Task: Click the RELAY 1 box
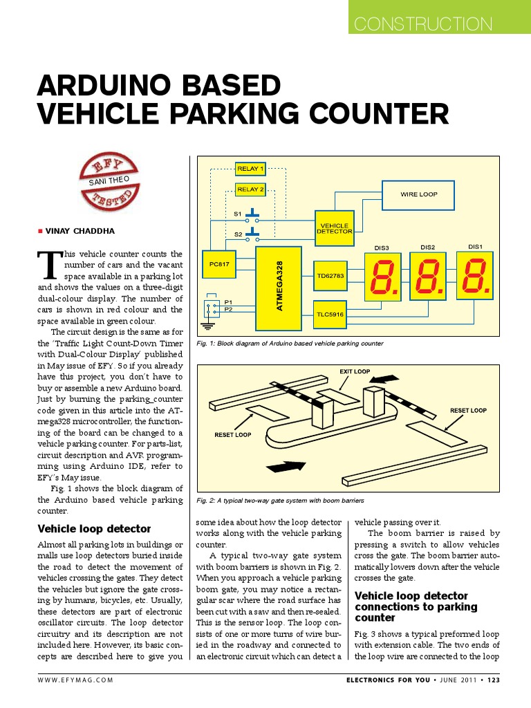[250, 168]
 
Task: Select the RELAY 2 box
[250, 189]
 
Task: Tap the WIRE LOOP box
[419, 195]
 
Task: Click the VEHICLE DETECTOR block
[335, 229]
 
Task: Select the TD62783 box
[330, 276]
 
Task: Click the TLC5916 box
[330, 314]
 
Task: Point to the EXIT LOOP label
[355, 371]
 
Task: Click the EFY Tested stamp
[111, 183]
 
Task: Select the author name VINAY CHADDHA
[80, 231]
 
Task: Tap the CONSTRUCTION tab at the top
[423, 25]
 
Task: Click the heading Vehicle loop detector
[94, 529]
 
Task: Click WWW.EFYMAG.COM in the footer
[75, 680]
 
